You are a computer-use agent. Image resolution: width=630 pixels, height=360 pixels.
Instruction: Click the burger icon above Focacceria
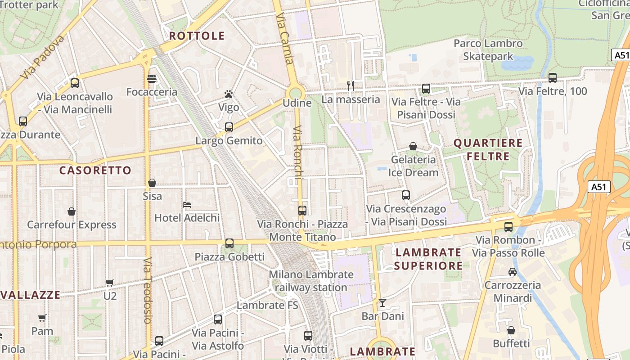point(152,79)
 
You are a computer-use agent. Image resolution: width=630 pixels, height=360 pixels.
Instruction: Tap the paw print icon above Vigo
point(229,94)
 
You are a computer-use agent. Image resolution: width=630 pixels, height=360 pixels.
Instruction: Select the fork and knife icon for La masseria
point(351,85)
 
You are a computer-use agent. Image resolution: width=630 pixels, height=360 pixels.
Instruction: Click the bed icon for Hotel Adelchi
point(187,205)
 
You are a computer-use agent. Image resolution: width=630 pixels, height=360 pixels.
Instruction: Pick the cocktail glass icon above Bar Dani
point(382,303)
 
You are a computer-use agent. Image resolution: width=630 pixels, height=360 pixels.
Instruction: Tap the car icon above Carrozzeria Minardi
point(512,271)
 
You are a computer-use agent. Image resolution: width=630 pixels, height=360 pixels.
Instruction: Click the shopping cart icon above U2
point(110,283)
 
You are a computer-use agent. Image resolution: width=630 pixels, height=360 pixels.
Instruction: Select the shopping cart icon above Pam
point(42,318)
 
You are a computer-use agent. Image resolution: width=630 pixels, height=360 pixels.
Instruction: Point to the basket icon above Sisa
point(152,183)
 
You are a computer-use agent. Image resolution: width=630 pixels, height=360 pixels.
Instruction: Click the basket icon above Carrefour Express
point(71,211)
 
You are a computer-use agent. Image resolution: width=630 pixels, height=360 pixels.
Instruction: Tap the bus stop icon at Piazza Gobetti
point(229,243)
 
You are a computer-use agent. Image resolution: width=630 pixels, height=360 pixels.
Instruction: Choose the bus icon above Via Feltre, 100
point(553,78)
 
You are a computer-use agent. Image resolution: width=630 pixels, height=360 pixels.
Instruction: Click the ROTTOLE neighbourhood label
point(197,36)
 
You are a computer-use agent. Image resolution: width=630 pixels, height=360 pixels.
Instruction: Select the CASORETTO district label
point(95,171)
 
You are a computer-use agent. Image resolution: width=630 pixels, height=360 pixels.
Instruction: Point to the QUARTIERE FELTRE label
point(488,150)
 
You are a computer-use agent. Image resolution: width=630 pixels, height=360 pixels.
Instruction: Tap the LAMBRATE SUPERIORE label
point(428,259)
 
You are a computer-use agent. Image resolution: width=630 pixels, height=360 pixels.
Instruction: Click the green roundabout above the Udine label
point(295,93)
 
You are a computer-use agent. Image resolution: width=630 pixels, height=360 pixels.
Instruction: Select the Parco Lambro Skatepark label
point(488,49)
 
